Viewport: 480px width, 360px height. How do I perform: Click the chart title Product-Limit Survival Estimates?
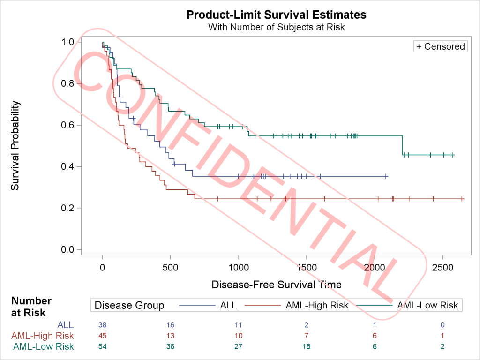(x=277, y=15)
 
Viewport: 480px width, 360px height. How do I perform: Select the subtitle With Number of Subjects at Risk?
(x=277, y=27)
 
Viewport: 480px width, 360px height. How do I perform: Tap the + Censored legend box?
(x=440, y=46)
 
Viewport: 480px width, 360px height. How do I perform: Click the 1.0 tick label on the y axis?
(x=67, y=42)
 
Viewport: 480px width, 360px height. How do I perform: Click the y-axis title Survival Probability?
(x=15, y=146)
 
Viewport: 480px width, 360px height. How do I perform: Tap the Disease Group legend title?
(x=129, y=306)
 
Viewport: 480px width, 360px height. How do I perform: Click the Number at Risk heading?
(x=32, y=307)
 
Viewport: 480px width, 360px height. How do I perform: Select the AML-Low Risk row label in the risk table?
(x=43, y=347)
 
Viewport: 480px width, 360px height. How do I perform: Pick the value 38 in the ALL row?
(x=103, y=324)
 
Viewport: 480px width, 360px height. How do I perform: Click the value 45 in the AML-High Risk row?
(x=103, y=336)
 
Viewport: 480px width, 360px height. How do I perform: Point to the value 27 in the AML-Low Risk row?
(x=239, y=347)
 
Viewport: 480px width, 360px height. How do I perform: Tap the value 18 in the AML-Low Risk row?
(x=307, y=347)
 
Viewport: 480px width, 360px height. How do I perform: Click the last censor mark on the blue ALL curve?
(x=386, y=176)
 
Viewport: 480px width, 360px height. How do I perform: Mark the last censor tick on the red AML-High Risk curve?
(x=462, y=199)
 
